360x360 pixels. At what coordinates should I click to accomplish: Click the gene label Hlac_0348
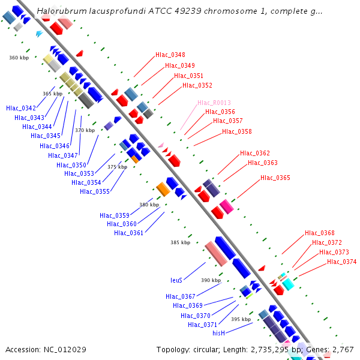170,55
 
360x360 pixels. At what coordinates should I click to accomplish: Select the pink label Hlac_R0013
214,103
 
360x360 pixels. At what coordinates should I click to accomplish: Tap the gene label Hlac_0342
21,108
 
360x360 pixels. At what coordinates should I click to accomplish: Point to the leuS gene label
176,280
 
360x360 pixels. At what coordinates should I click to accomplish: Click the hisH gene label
218,332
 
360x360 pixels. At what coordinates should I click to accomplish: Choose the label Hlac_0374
341,262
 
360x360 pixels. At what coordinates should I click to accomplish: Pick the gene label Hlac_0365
275,178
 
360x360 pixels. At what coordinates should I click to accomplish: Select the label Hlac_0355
95,191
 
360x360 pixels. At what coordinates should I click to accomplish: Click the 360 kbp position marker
19,58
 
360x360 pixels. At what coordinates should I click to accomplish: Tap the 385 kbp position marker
181,242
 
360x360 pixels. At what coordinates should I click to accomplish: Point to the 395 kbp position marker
241,319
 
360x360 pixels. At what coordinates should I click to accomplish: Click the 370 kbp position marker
85,130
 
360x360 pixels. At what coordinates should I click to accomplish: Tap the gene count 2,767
342,349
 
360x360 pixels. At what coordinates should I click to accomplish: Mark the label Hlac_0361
129,233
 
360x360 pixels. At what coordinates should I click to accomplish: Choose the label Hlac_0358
237,131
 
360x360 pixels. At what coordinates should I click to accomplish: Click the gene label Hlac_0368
320,233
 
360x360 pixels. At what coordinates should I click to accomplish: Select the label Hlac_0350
71,165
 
